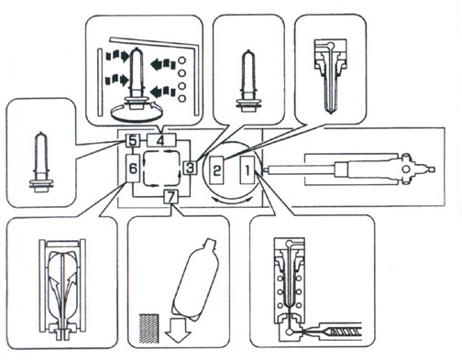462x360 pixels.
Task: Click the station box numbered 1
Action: (247, 169)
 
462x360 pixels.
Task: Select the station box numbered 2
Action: (216, 169)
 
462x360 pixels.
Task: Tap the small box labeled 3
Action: (190, 168)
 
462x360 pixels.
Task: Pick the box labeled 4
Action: (161, 141)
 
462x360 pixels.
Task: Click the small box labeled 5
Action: (133, 140)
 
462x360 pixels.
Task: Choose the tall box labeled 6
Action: (133, 169)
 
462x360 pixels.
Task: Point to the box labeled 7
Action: (170, 197)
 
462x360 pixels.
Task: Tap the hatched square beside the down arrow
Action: (148, 328)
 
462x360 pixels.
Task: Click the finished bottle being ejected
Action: (195, 280)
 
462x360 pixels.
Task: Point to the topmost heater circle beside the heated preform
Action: (181, 60)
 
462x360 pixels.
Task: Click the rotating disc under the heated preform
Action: (136, 114)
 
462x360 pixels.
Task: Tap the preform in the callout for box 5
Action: (41, 162)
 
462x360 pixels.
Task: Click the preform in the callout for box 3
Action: (248, 80)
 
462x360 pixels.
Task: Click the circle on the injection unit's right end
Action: (406, 169)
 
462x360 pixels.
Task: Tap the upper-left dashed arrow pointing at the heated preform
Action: (116, 56)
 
